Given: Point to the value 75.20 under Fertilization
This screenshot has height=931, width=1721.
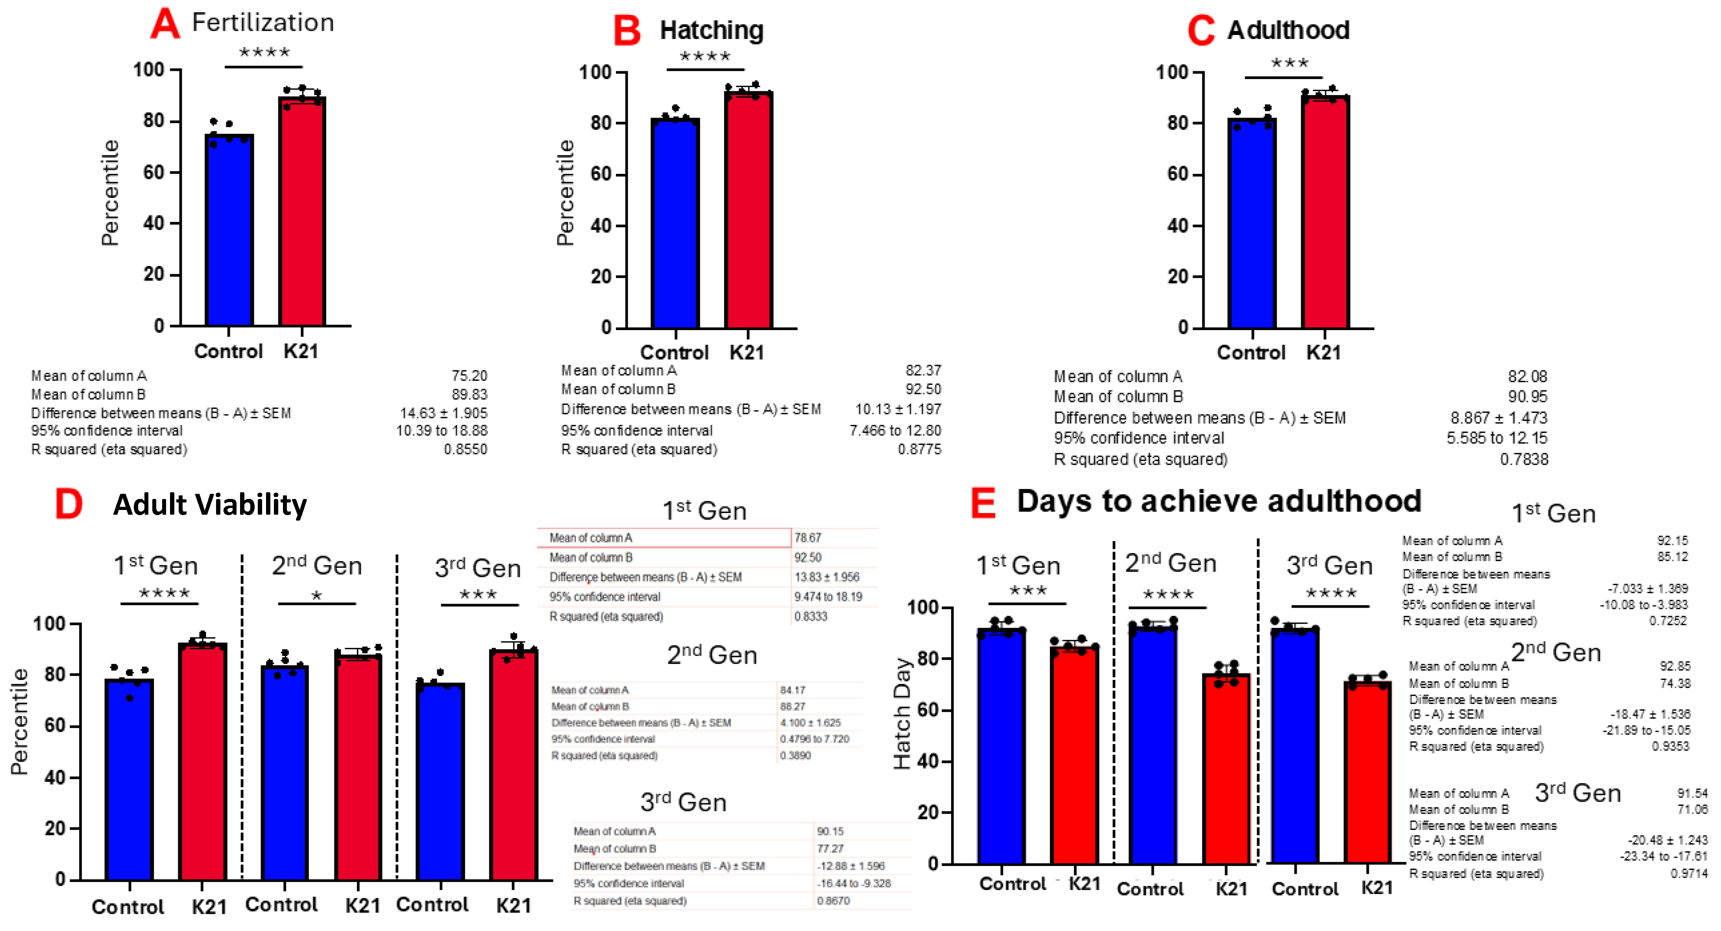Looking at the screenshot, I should [469, 376].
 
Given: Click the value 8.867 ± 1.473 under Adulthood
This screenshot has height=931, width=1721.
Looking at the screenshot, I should [1499, 417].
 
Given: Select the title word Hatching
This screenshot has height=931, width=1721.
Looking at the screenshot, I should [712, 30].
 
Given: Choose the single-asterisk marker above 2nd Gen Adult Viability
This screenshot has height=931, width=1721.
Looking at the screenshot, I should [317, 595].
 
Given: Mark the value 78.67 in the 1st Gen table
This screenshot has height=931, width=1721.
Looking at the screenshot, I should [808, 538].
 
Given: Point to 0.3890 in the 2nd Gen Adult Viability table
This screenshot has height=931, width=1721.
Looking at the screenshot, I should [795, 756].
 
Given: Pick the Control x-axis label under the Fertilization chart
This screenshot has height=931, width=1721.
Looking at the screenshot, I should [228, 351].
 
